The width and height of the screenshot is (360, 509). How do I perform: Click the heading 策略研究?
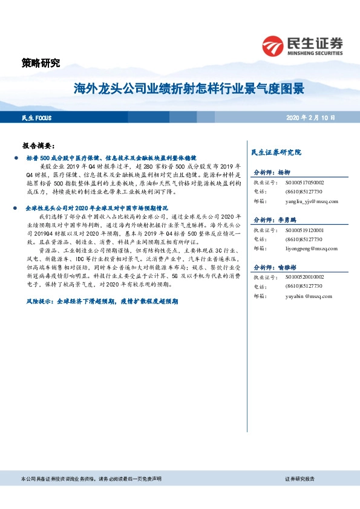tap(41, 63)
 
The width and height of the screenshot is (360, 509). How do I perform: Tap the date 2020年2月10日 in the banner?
tap(310, 118)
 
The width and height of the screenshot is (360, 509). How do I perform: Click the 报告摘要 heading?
tap(39, 146)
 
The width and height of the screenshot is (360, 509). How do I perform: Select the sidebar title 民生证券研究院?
tap(277, 152)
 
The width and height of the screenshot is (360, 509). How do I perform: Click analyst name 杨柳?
tap(284, 172)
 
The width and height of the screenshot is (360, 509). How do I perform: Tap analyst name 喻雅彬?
tap(287, 267)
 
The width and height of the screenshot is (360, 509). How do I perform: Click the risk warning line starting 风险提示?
tap(102, 300)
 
